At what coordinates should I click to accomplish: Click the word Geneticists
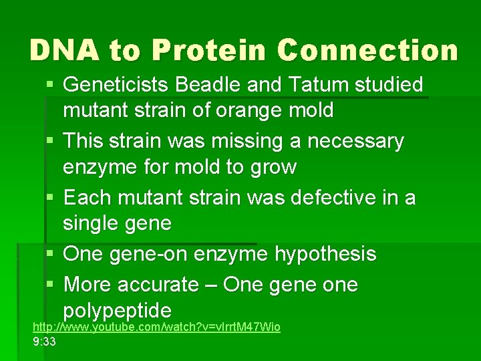pyautogui.click(x=117, y=85)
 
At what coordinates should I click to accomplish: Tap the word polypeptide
pyautogui.click(x=117, y=310)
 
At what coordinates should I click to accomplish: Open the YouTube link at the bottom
pyautogui.click(x=156, y=327)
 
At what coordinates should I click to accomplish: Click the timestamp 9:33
pyautogui.click(x=44, y=342)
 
